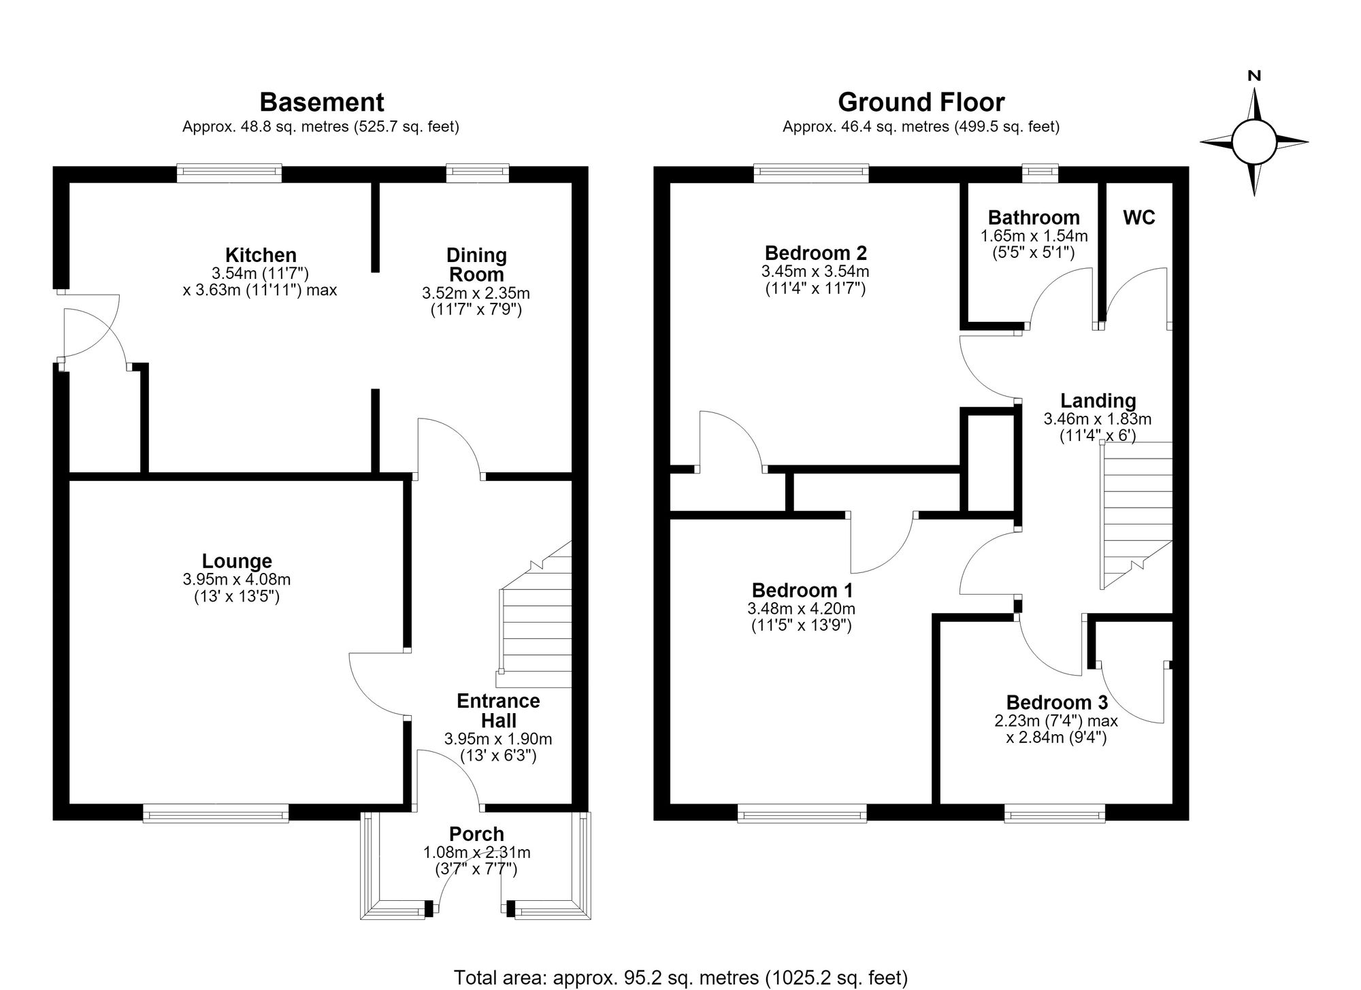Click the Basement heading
(x=322, y=103)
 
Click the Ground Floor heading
(x=921, y=103)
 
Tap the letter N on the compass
(x=1254, y=76)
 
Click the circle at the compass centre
(x=1253, y=142)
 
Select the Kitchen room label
(x=261, y=255)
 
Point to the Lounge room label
(x=237, y=561)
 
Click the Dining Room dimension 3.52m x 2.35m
(x=476, y=293)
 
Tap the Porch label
(x=476, y=834)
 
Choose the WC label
(x=1139, y=217)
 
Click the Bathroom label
(x=1034, y=218)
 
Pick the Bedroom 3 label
(x=1057, y=702)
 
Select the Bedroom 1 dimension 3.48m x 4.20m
(x=801, y=609)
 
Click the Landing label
(x=1098, y=401)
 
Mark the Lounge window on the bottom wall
(x=216, y=812)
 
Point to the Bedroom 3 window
(x=1055, y=812)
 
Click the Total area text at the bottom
(x=680, y=978)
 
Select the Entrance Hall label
(x=498, y=711)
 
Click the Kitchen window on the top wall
(x=229, y=173)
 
